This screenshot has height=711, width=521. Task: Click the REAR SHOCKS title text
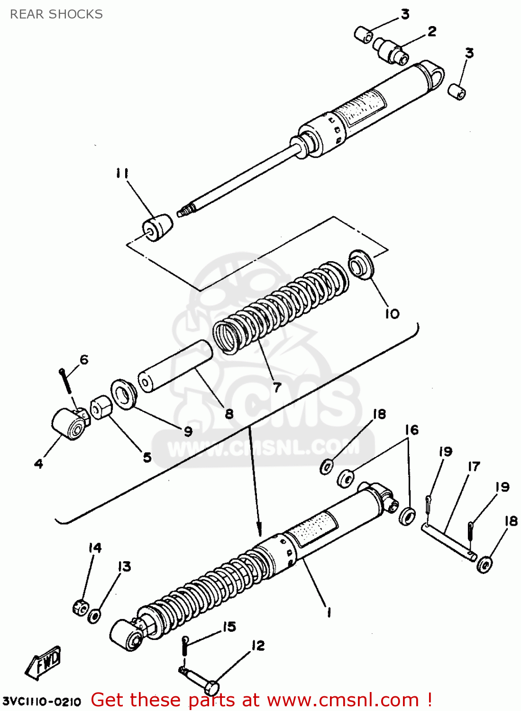(56, 14)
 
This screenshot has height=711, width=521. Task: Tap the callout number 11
(122, 173)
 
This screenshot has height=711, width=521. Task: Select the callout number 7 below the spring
(277, 387)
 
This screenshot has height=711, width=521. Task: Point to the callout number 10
(392, 313)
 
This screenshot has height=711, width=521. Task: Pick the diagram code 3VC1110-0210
(42, 701)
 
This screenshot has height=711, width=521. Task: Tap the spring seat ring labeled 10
(361, 264)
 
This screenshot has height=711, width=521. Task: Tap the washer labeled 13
(94, 616)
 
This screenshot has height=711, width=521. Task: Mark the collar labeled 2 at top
(391, 50)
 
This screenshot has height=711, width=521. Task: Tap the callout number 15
(229, 627)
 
